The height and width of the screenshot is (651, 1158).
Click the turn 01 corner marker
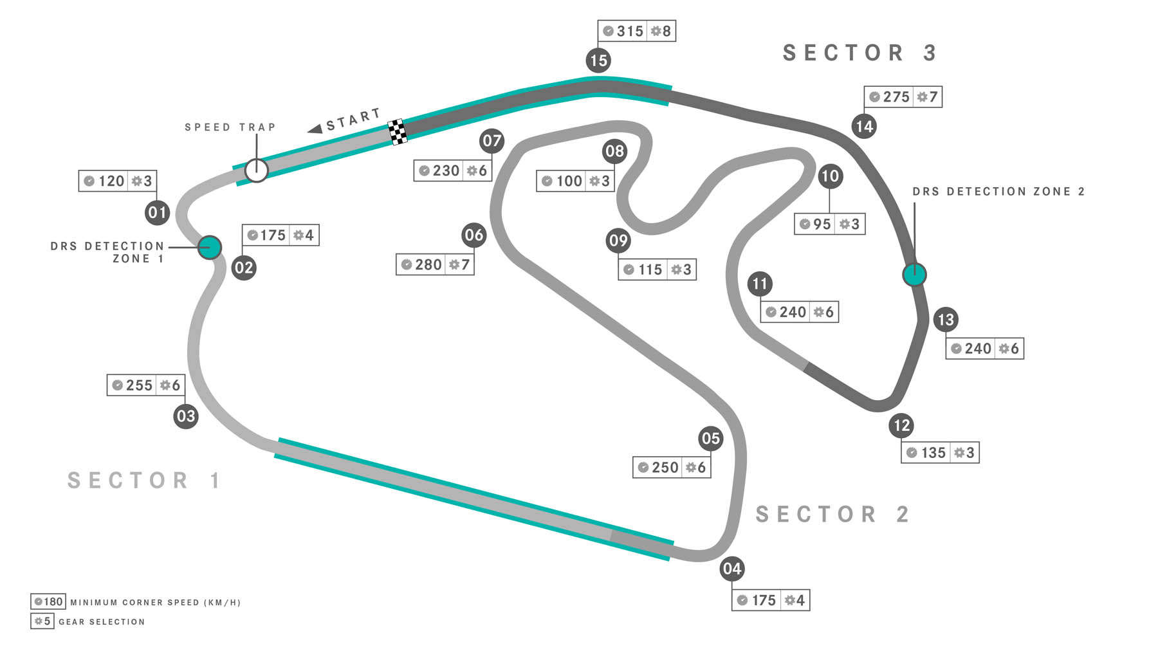coord(157,212)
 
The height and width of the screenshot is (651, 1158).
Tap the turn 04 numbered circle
coord(732,569)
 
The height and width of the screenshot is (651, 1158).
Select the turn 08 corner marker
coord(614,151)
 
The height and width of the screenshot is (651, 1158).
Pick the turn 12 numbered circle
coord(902,425)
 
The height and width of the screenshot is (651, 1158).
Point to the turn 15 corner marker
coord(598,60)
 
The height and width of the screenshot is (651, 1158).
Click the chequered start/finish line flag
coord(398,132)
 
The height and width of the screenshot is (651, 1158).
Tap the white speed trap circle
coord(256,170)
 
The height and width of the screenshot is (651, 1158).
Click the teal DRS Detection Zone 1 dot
coord(210,247)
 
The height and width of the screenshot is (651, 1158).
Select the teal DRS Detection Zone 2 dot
coord(914,275)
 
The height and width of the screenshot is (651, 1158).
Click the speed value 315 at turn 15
coord(630,31)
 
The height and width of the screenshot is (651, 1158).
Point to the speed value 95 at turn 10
coord(822,224)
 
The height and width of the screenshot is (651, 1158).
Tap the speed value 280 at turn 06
coord(428,264)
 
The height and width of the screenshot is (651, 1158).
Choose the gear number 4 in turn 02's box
coord(309,235)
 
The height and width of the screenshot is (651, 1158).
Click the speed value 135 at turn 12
coord(933,453)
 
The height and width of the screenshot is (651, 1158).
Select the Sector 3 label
coord(859,53)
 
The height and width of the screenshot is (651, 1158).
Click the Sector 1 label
coord(144,481)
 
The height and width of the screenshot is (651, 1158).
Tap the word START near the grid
coord(353,120)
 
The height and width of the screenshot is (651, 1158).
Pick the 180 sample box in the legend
coord(48,601)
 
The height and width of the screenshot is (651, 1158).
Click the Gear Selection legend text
coord(102,622)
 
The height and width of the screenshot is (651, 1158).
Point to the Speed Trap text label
coord(230,127)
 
